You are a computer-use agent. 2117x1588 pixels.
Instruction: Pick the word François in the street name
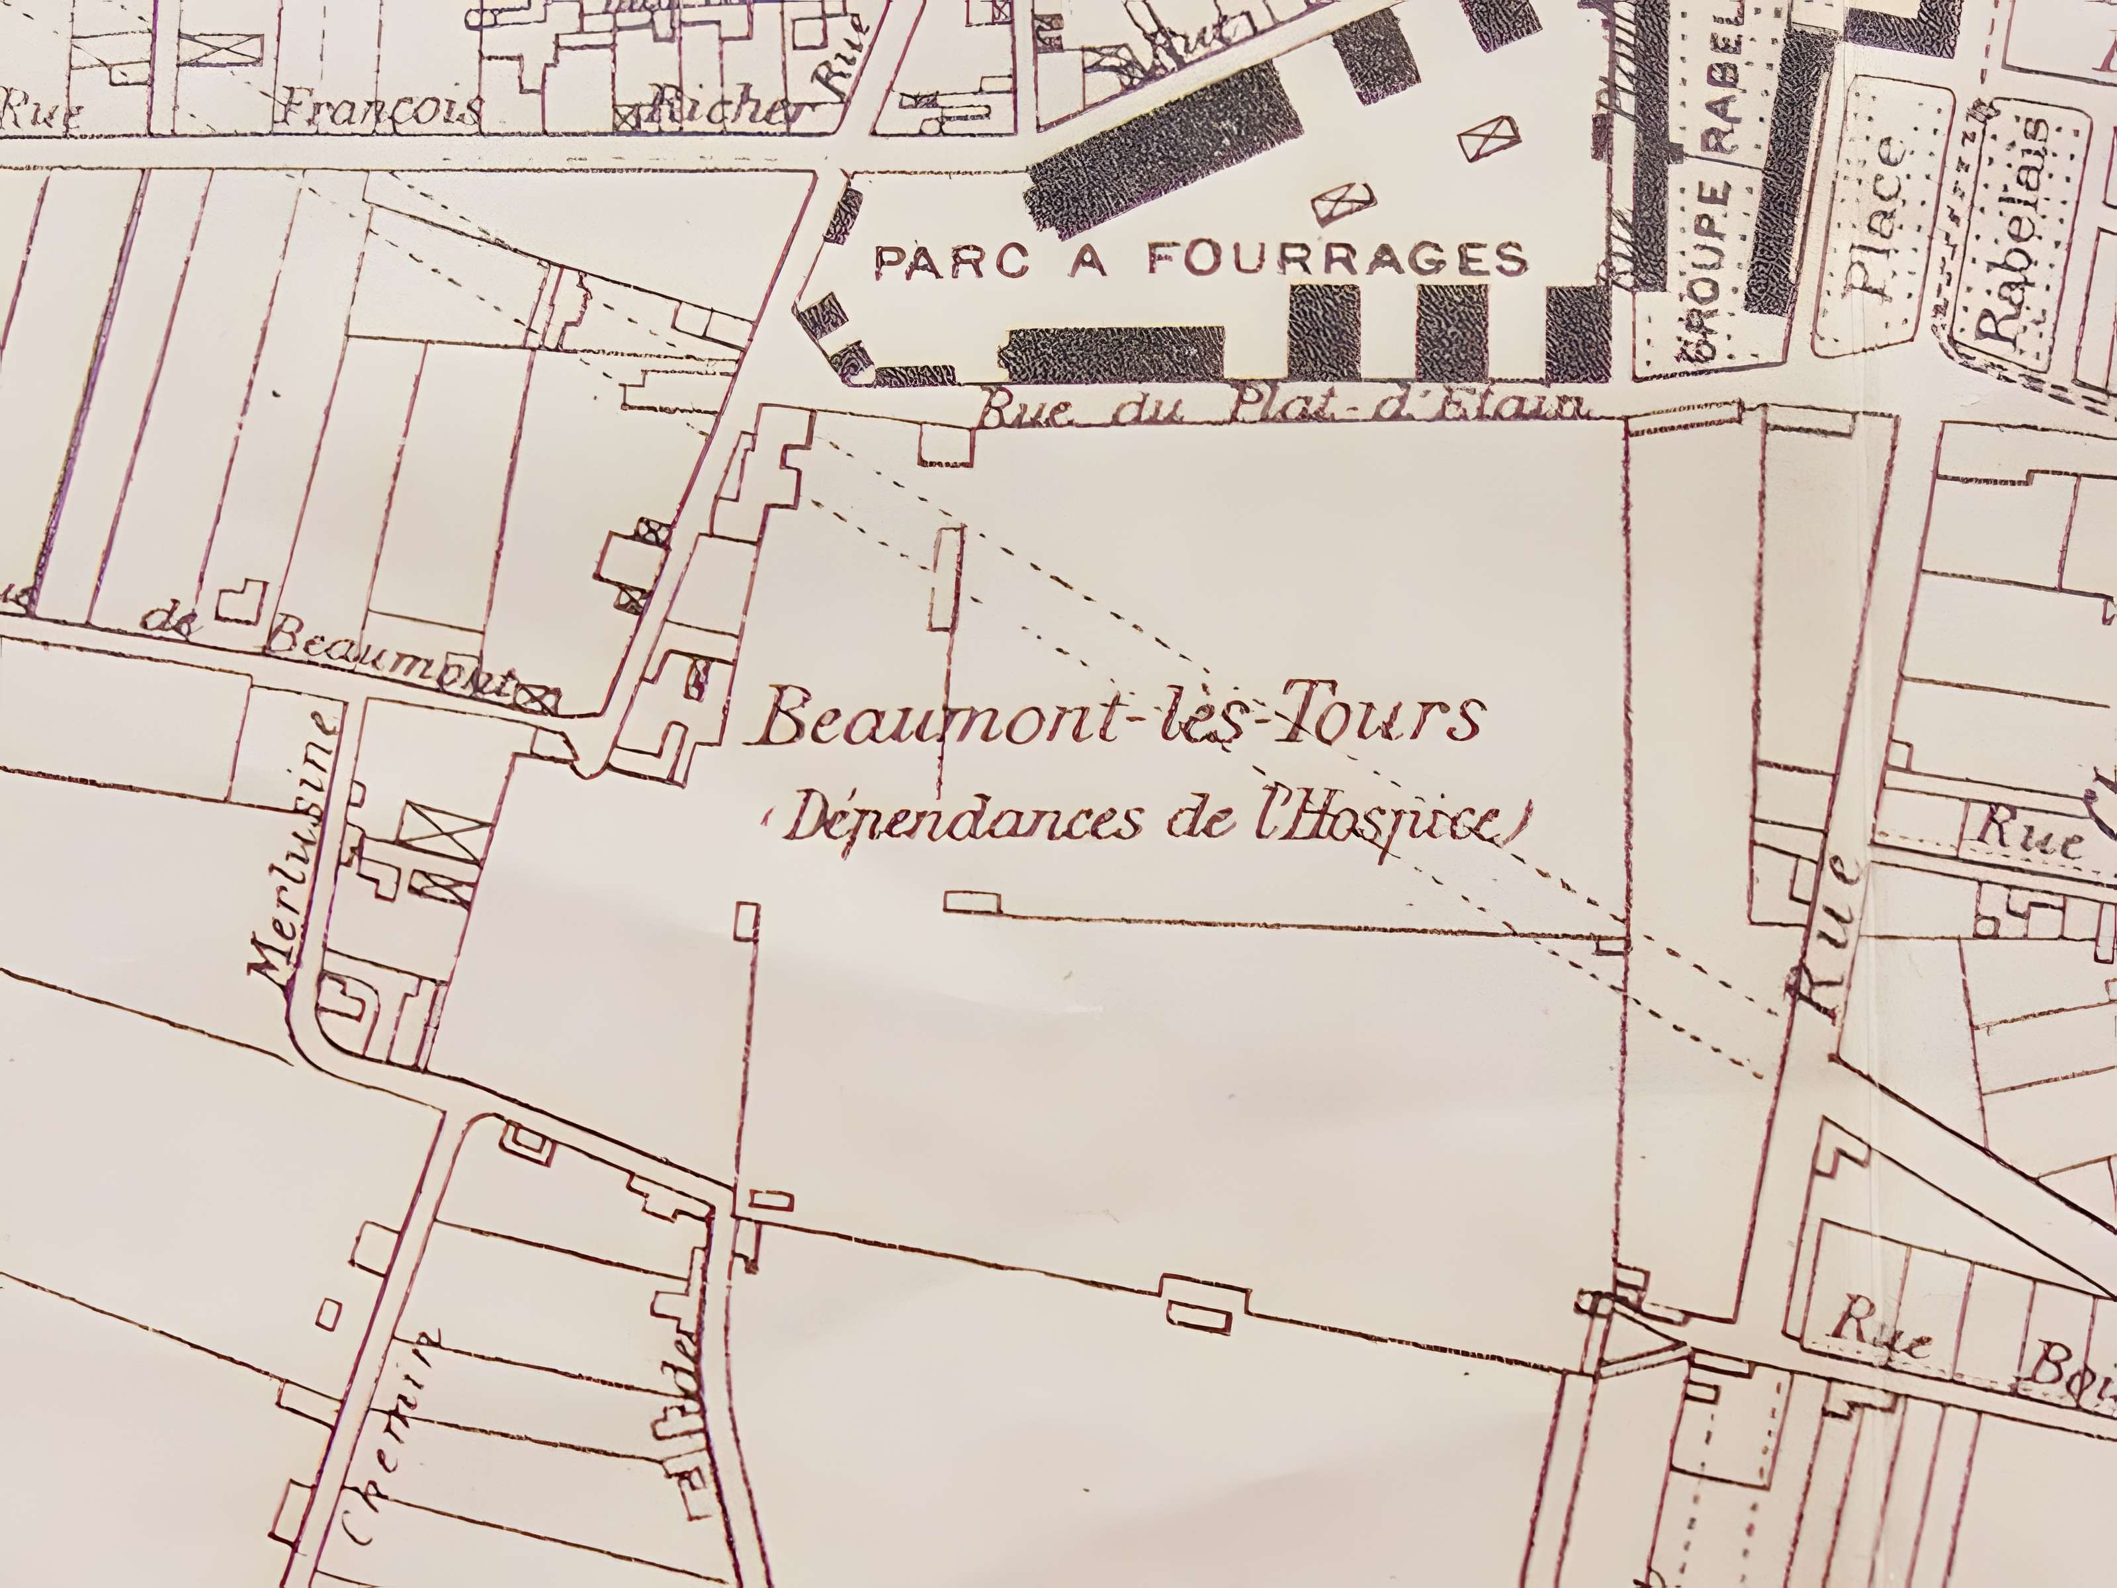(x=378, y=111)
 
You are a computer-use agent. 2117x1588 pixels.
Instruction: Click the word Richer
(x=727, y=113)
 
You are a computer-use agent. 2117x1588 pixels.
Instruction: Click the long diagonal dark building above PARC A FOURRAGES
(x=1163, y=153)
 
